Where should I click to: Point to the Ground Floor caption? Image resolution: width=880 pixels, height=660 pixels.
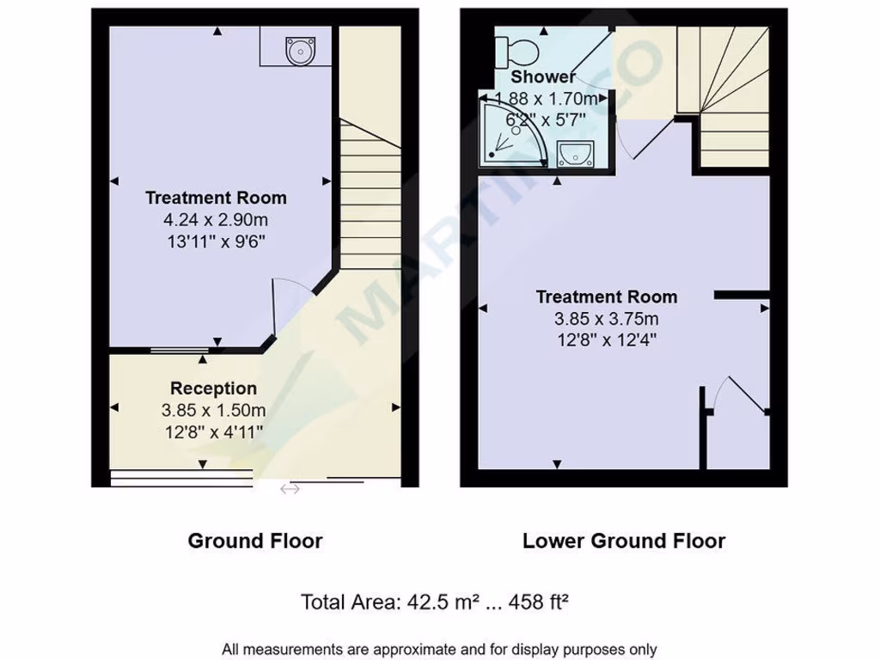point(255,541)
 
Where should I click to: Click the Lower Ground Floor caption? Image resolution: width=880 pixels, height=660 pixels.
point(624,541)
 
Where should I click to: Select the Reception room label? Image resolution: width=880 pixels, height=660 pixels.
point(213,388)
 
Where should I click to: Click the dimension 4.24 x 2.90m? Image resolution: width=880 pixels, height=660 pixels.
point(215,219)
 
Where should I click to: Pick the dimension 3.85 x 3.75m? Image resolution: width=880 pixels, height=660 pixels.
point(606,319)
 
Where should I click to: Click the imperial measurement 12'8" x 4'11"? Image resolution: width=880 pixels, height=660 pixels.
point(213,430)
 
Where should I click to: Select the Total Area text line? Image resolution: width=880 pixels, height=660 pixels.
point(435,602)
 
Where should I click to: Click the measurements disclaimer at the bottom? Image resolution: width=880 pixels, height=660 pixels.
point(439,649)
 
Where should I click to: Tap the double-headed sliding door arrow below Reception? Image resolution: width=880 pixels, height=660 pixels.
point(290,490)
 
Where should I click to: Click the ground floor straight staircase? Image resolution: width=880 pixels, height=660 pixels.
point(370,189)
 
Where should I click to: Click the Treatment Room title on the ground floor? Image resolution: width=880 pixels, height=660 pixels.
point(215,198)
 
